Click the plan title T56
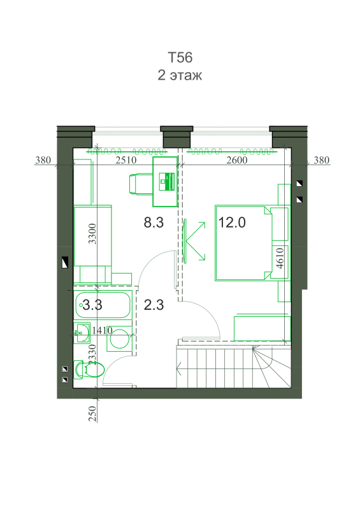click(x=180, y=57)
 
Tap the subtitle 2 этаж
click(x=180, y=75)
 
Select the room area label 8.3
click(x=154, y=222)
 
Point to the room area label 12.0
click(x=232, y=222)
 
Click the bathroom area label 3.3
click(x=92, y=305)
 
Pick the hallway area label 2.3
click(x=154, y=305)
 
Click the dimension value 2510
click(x=126, y=160)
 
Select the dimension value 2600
click(x=237, y=160)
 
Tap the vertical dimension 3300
click(x=92, y=233)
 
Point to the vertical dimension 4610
click(x=280, y=258)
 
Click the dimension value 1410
click(x=102, y=330)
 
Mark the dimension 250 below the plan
click(x=93, y=414)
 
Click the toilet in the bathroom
click(x=89, y=370)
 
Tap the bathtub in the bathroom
click(x=103, y=305)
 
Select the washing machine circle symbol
click(x=119, y=339)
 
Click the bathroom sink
click(x=82, y=332)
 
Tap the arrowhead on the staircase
click(x=179, y=369)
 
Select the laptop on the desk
click(x=166, y=182)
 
